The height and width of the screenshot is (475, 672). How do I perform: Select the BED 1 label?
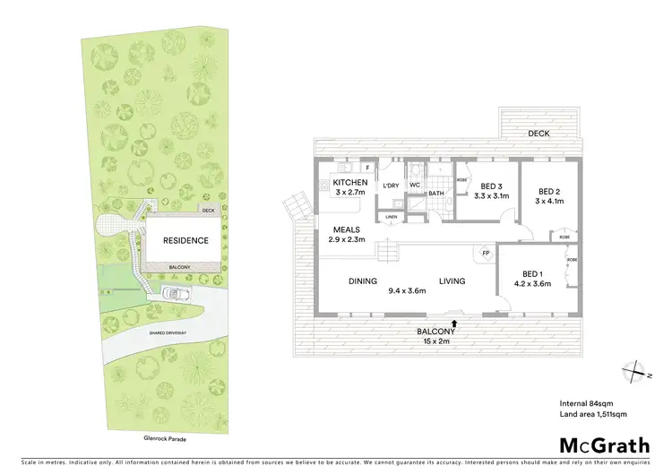tap(533, 273)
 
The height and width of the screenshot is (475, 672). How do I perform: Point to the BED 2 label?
tap(549, 191)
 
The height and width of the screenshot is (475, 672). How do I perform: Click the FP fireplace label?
tap(486, 254)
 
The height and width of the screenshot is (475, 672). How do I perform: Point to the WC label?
tap(415, 186)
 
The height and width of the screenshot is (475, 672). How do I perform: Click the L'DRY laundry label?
tap(391, 186)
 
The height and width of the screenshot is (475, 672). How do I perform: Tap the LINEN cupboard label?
tap(391, 217)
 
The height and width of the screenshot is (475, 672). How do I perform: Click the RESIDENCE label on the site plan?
tap(185, 240)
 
